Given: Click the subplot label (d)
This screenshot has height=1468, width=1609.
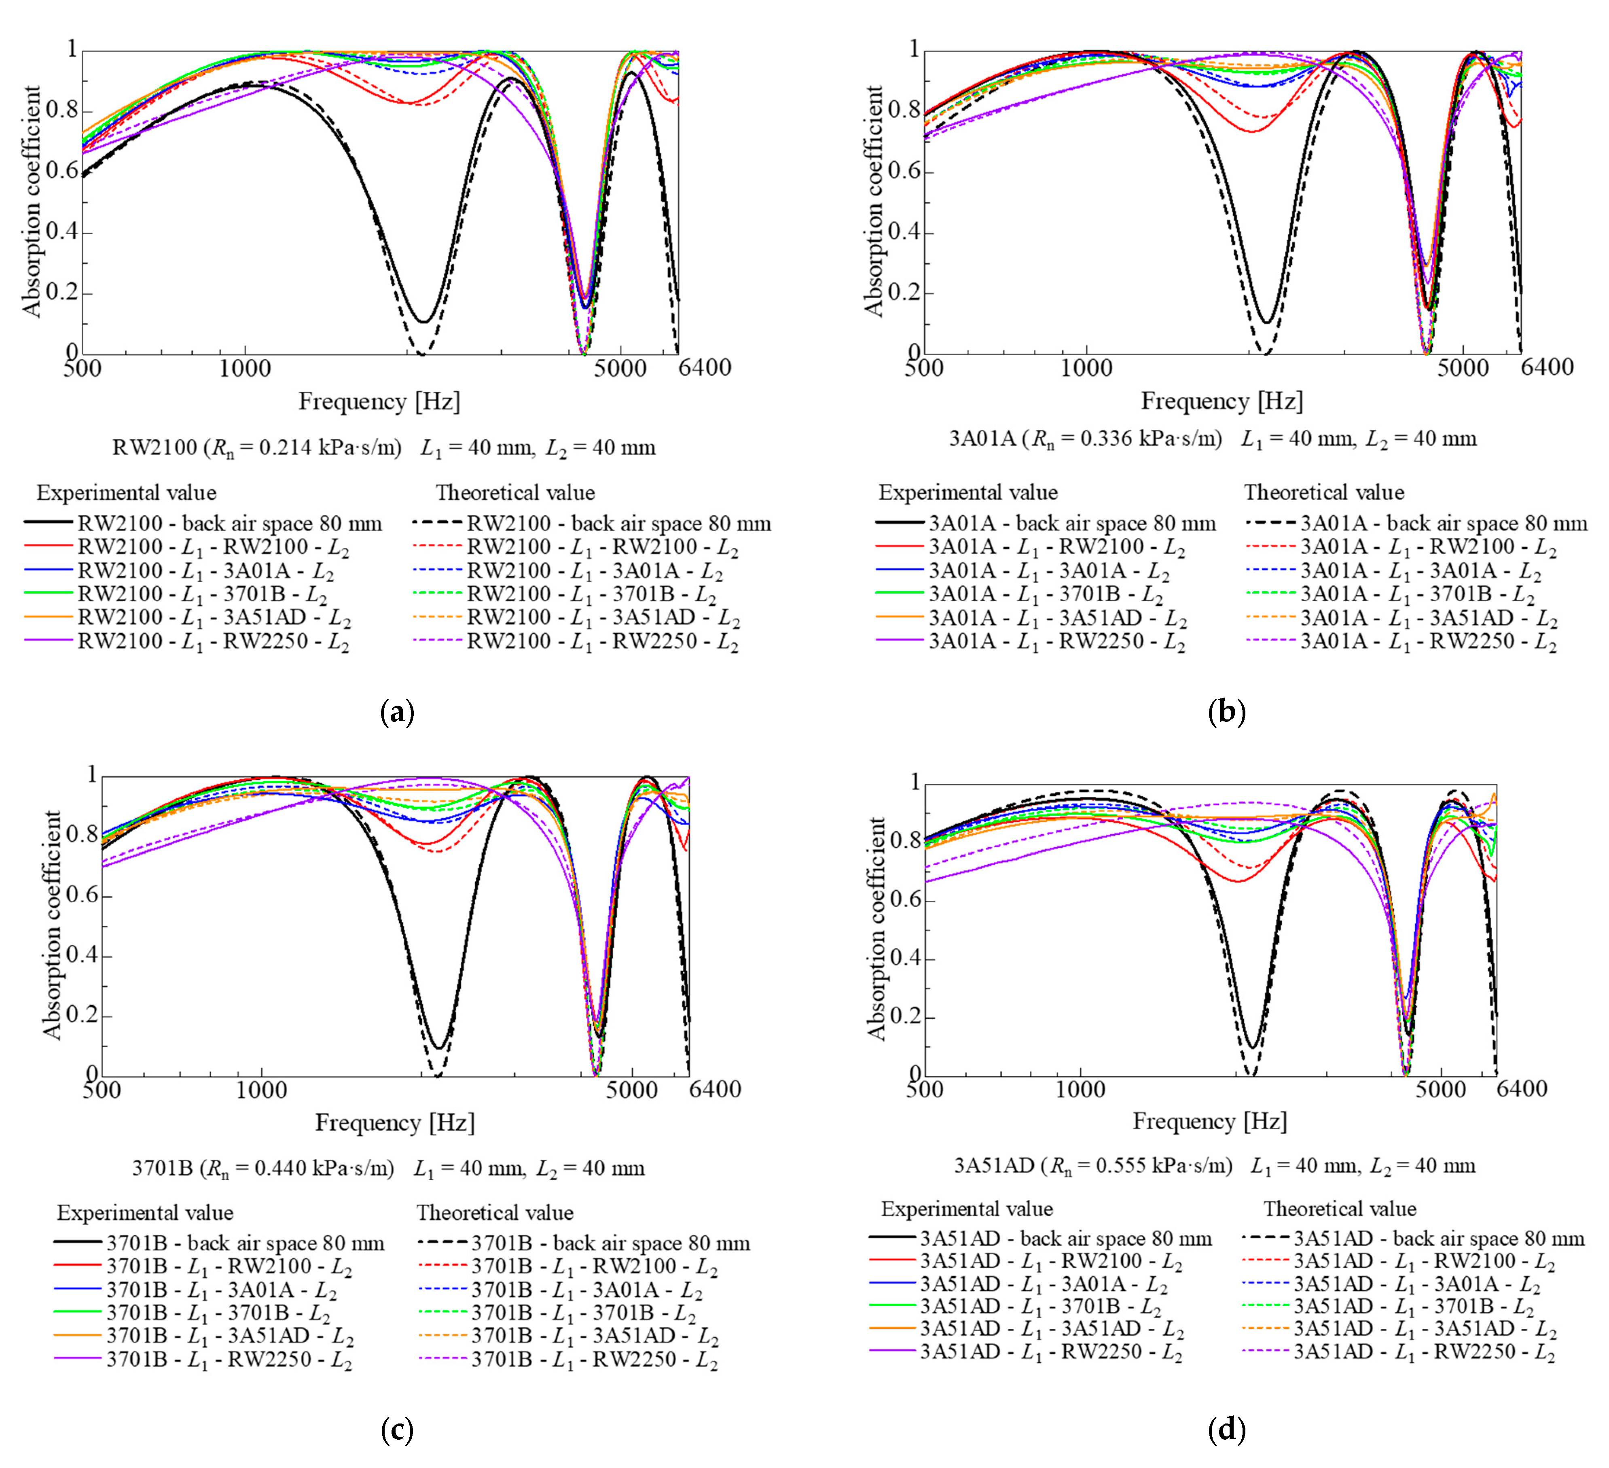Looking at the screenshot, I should (x=1226, y=1429).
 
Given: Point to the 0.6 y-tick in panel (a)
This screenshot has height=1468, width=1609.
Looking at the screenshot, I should (x=62, y=171).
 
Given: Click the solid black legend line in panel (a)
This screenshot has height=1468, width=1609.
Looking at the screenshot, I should (x=48, y=523).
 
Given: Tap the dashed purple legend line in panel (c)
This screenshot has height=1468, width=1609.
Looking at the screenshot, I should (x=441, y=1359).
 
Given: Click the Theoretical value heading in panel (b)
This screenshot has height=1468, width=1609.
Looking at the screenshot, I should (x=1323, y=492).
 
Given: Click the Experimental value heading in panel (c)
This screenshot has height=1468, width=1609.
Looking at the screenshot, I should (x=145, y=1213).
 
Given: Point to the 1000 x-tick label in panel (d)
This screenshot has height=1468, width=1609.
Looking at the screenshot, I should (x=1081, y=1090).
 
